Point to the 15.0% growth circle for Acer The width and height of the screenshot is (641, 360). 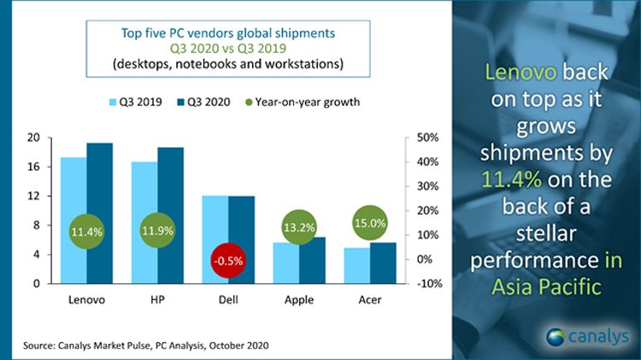click(x=370, y=224)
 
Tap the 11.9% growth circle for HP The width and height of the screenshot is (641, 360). click(x=158, y=231)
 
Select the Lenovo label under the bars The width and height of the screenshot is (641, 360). click(x=88, y=300)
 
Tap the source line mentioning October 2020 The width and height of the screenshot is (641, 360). click(x=142, y=345)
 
